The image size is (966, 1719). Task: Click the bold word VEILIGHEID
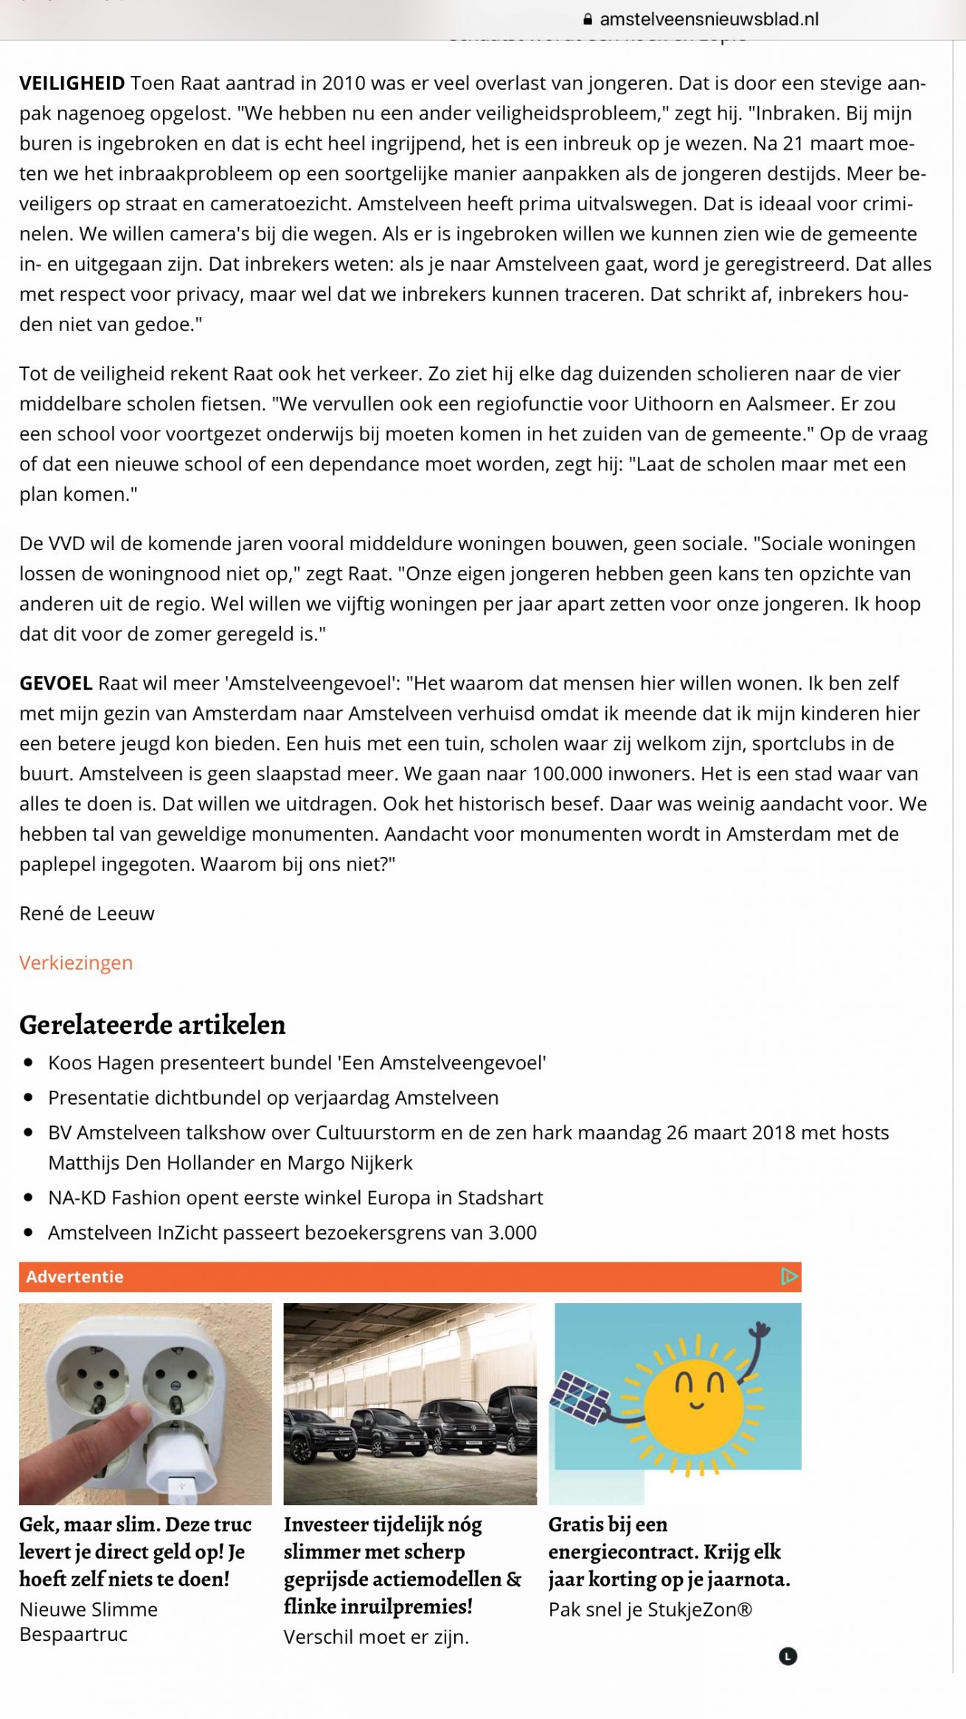(72, 83)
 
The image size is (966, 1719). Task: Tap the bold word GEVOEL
(56, 684)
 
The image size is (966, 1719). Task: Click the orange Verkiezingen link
(76, 963)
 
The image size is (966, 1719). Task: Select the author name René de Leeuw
(87, 914)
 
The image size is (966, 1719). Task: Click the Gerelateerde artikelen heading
(152, 1025)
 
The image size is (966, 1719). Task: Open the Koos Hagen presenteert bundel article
(297, 1063)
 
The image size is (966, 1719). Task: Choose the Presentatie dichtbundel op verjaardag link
(274, 1098)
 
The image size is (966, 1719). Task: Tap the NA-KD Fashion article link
(296, 1198)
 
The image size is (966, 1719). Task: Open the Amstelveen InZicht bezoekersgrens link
(293, 1233)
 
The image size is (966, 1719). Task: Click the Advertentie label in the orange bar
(74, 1277)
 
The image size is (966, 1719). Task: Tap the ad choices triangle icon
(789, 1277)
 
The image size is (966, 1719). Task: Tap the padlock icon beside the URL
(588, 20)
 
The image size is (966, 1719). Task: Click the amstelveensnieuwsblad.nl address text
(709, 20)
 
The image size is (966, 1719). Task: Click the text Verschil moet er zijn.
(376, 1637)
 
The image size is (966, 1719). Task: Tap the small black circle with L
(788, 1657)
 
